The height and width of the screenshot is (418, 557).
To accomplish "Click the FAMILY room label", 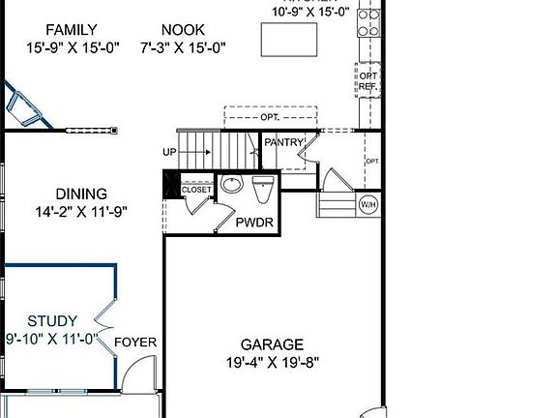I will pos(72,30).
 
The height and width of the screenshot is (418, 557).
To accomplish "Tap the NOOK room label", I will pos(184,30).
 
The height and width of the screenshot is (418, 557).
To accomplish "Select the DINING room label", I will pos(81,194).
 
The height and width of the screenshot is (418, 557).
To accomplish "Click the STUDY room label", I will pos(52,321).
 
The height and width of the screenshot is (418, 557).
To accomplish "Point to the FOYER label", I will pos(135,342).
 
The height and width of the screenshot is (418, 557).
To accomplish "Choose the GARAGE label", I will pos(272,344).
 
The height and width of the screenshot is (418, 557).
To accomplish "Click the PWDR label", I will pos(254,223).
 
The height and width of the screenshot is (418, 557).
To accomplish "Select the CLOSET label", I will pos(196,190).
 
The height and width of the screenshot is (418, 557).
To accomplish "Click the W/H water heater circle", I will pos(368,204).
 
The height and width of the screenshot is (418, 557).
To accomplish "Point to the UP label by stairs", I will pos(169,152).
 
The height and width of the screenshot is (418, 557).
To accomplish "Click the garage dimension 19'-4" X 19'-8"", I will pos(272,363).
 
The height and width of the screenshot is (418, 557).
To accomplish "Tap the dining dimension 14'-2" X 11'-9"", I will pos(80,211).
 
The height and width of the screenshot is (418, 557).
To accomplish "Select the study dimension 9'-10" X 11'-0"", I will pos(52,339).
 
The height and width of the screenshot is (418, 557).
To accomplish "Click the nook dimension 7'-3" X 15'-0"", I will pos(184,46).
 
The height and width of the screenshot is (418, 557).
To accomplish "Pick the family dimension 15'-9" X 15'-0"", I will pos(72,46).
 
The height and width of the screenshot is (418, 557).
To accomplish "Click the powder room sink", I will pos(232,184).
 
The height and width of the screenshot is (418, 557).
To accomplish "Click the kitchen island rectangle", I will pos(289,40).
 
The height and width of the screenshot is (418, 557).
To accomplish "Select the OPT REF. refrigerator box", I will pos(368,80).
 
